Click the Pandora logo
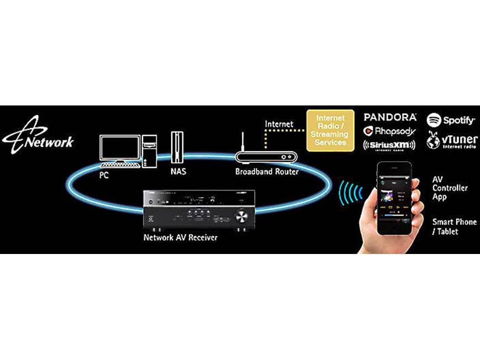click(x=389, y=117)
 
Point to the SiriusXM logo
click(x=389, y=145)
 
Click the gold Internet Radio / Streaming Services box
click(x=330, y=130)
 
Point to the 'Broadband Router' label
click(x=267, y=172)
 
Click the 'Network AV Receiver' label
click(x=180, y=238)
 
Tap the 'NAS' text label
click(x=178, y=171)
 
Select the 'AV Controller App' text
click(x=449, y=188)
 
